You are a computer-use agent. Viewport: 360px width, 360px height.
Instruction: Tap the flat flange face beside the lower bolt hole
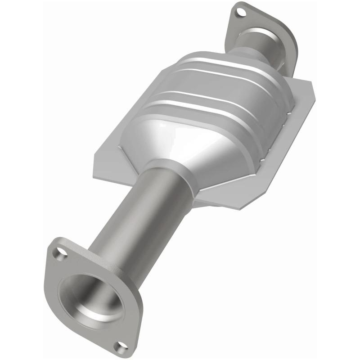point(130,333)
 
